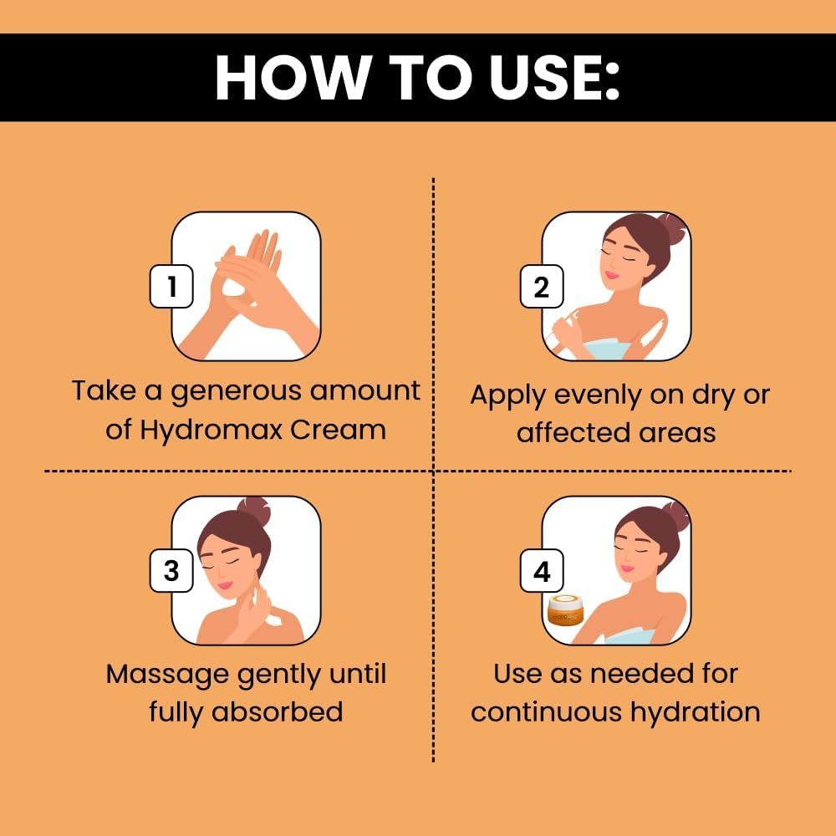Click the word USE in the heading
click(x=553, y=77)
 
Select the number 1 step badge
click(x=171, y=286)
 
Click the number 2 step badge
click(x=542, y=286)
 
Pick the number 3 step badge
click(x=171, y=570)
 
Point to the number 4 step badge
click(x=542, y=570)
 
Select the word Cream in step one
click(x=339, y=430)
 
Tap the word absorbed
click(x=278, y=711)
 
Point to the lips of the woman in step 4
click(x=628, y=568)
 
